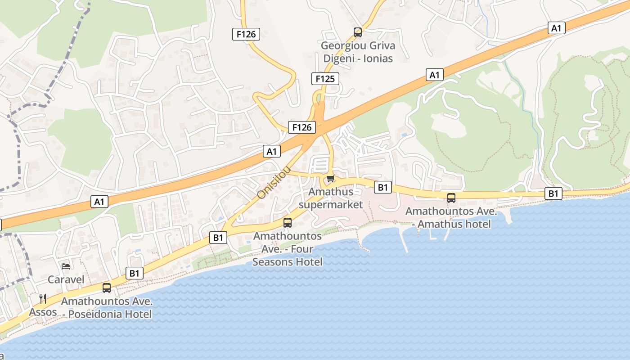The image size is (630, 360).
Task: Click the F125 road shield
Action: (325, 79)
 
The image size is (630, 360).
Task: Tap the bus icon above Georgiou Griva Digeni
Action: (358, 32)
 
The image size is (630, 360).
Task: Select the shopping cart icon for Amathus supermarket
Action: (331, 179)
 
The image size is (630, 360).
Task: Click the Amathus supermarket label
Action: (331, 198)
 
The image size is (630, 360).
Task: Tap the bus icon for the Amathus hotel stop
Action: (451, 198)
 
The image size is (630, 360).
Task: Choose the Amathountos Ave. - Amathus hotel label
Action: (451, 217)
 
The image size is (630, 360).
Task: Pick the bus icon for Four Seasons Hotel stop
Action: (287, 222)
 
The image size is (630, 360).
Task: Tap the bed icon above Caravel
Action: (66, 266)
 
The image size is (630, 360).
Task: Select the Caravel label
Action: (66, 279)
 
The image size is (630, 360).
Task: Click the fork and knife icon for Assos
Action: (43, 298)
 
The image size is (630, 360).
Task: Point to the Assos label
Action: (43, 312)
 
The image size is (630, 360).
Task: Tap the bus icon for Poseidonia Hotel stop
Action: (107, 288)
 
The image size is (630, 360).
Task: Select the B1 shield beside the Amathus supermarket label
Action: (382, 187)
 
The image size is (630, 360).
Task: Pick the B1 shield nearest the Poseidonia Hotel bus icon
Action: (134, 273)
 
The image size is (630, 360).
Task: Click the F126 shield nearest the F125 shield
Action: (301, 127)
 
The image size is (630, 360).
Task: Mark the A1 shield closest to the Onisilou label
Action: (271, 151)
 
